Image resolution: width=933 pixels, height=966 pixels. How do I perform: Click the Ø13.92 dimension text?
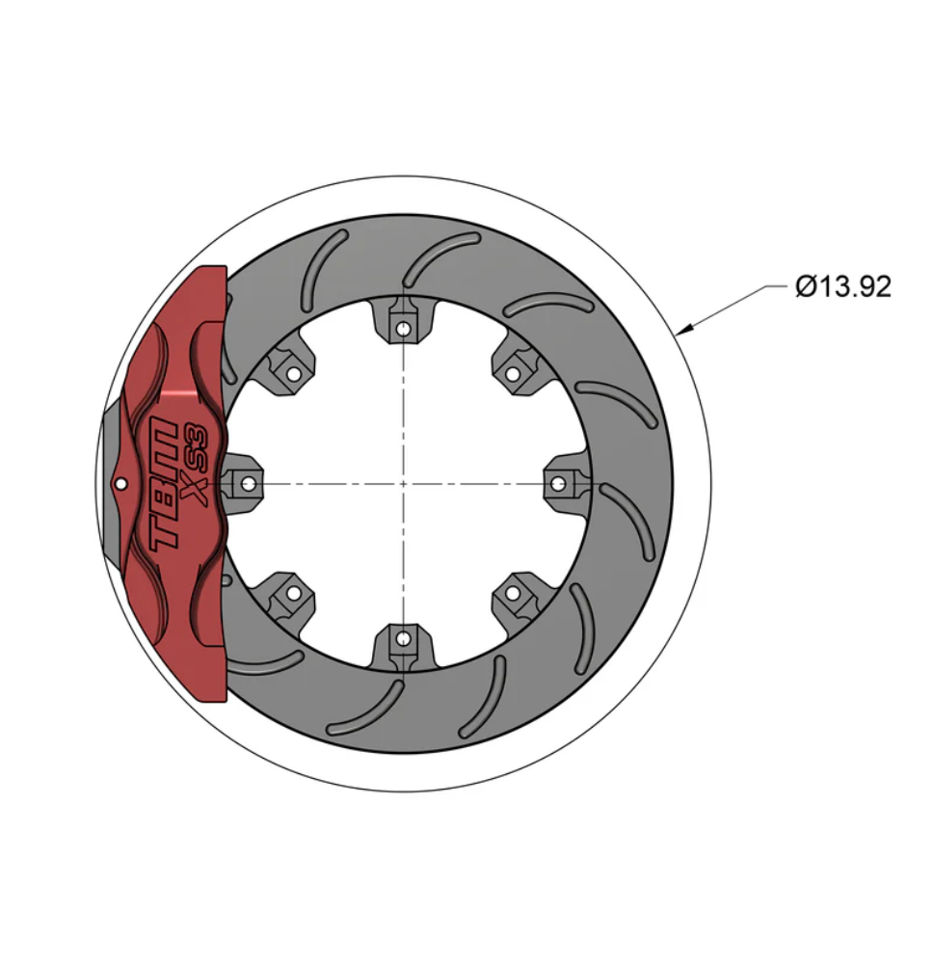843,286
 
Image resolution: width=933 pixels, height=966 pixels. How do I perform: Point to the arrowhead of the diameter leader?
683,333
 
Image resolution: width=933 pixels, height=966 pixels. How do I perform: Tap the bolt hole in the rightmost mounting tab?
558,482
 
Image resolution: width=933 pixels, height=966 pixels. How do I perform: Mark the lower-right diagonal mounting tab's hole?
513,592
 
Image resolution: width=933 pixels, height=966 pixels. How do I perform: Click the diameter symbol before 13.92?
806,286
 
